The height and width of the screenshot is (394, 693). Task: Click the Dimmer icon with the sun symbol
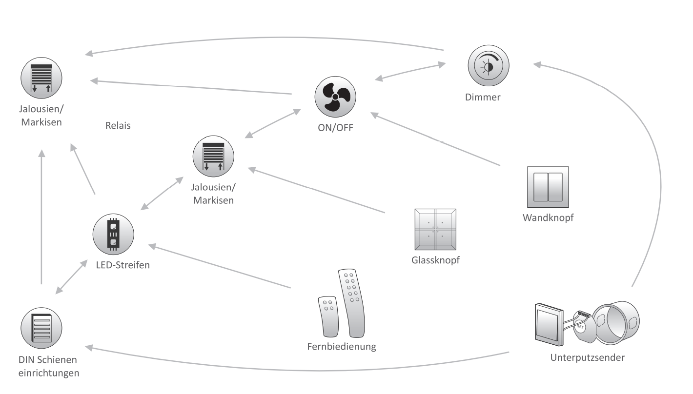[489, 66]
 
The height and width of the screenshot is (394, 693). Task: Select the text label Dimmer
[489, 97]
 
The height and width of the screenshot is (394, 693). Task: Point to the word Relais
[118, 125]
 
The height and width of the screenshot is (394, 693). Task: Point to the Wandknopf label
[548, 218]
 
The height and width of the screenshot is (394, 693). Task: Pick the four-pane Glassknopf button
[435, 230]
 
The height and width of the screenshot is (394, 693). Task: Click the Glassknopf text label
[435, 259]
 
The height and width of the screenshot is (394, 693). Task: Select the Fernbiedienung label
[342, 347]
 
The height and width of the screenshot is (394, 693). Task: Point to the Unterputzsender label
[587, 357]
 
